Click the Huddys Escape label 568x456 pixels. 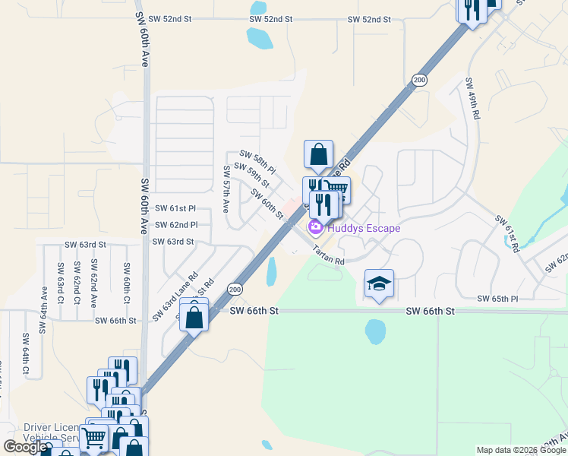(x=363, y=228)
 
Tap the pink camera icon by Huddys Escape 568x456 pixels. (x=315, y=227)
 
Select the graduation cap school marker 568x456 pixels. (x=379, y=284)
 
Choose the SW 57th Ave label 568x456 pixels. (x=226, y=189)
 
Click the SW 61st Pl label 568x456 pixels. (x=175, y=208)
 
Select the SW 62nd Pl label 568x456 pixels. (x=175, y=225)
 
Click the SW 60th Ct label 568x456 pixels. (x=126, y=282)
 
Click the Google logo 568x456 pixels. (x=24, y=447)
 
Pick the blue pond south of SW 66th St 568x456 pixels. (x=374, y=331)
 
